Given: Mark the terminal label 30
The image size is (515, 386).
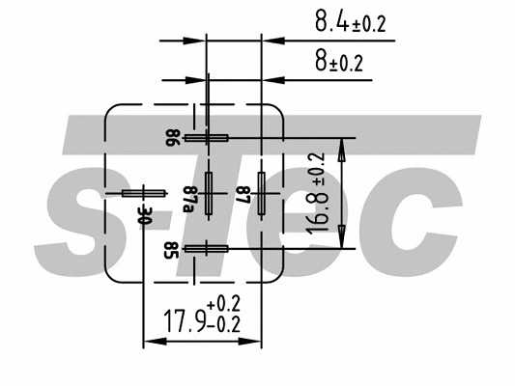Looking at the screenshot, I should [146, 214].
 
